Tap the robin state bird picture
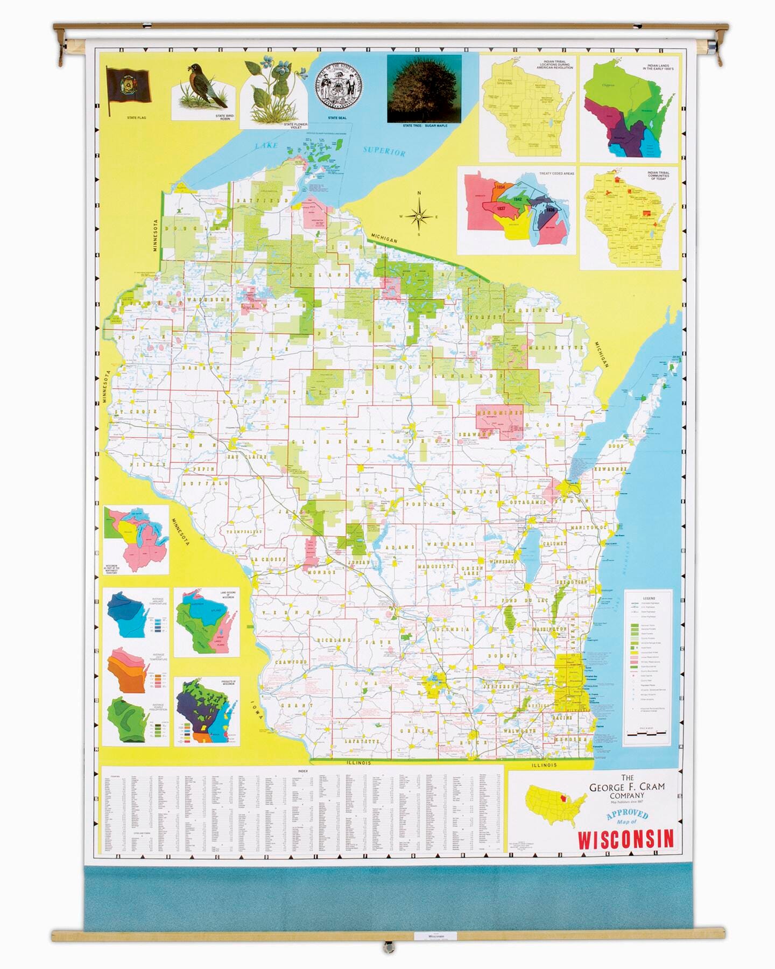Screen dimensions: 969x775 205,86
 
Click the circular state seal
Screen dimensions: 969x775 339,86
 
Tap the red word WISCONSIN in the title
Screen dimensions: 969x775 625,839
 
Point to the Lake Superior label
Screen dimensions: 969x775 383,151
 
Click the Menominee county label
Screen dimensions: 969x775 499,413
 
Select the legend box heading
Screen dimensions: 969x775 649,598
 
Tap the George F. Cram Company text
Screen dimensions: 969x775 626,787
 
